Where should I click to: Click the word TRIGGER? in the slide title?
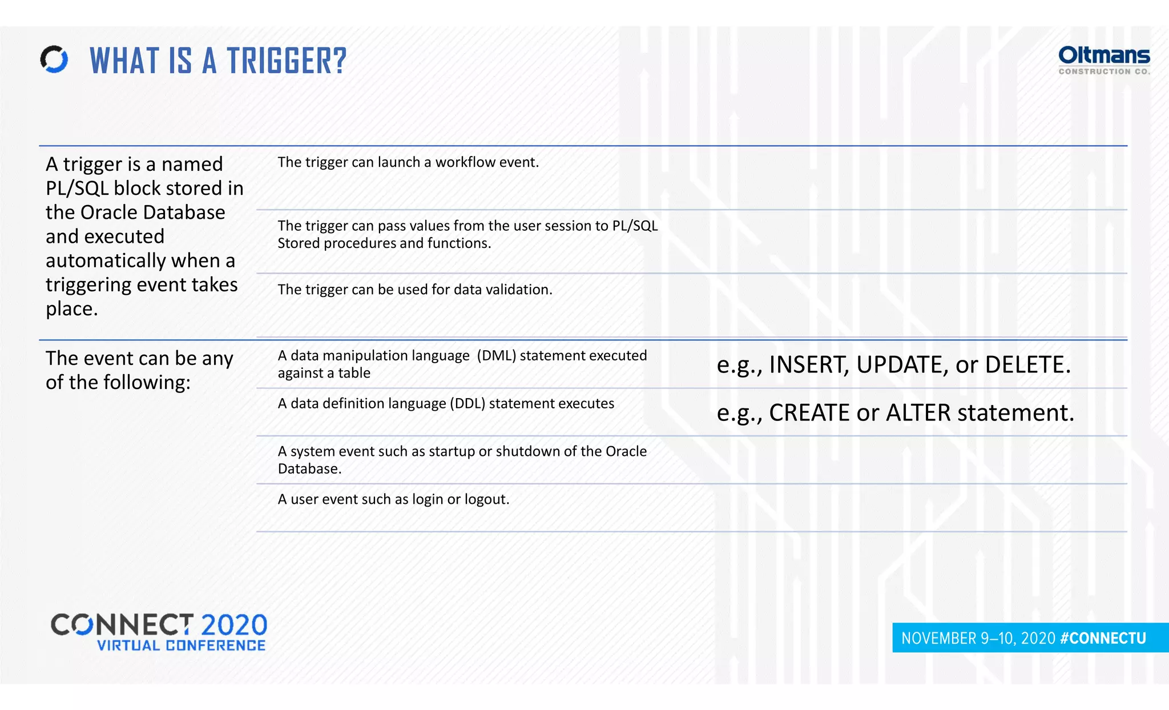point(287,61)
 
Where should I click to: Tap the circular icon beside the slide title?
point(54,59)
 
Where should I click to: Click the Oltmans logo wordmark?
point(1103,56)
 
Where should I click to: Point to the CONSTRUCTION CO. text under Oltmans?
point(1103,71)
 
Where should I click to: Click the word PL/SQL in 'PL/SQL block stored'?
point(77,188)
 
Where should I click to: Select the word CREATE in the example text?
point(809,413)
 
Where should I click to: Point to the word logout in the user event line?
point(486,499)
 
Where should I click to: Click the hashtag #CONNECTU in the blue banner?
point(1103,638)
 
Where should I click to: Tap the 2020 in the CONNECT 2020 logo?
point(234,625)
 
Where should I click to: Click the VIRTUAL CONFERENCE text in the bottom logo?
point(181,645)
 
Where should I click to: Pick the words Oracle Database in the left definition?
point(153,212)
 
